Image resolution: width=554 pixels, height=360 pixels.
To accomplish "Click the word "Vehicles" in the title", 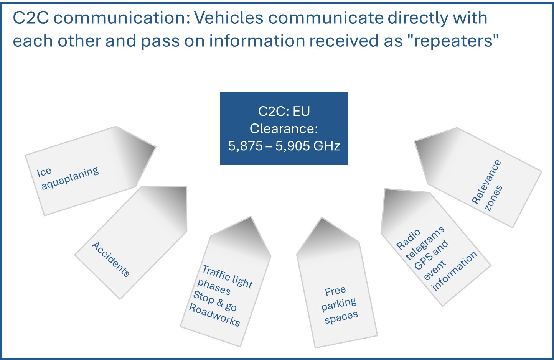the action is (x=229, y=18).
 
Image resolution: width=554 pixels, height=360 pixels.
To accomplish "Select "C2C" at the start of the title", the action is (x=31, y=18).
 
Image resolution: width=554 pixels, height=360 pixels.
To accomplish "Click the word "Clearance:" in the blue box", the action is (x=284, y=128).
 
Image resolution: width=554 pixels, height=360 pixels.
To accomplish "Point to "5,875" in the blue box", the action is (x=245, y=146).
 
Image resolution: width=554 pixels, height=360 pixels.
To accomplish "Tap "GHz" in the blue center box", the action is (x=326, y=146).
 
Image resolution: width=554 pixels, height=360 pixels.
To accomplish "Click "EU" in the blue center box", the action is (x=301, y=111).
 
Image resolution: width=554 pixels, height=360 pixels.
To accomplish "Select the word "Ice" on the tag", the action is (x=44, y=172).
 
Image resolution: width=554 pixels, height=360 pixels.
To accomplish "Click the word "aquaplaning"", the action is (x=70, y=178).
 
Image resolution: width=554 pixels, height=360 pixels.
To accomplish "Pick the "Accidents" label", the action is (x=110, y=259).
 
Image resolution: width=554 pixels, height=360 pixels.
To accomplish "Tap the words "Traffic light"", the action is (x=227, y=276).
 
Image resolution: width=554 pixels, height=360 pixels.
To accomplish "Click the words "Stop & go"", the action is (x=215, y=301).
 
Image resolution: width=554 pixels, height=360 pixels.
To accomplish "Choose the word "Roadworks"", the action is (x=214, y=315).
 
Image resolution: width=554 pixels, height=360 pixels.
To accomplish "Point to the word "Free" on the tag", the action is (x=335, y=291).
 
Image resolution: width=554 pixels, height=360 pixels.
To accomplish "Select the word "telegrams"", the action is (x=425, y=243).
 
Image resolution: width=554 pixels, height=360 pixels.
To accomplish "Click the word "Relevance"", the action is (x=486, y=182).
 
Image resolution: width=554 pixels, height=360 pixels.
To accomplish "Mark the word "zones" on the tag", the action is (x=494, y=198).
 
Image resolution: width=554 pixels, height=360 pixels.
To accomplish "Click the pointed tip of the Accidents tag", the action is (x=186, y=187).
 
